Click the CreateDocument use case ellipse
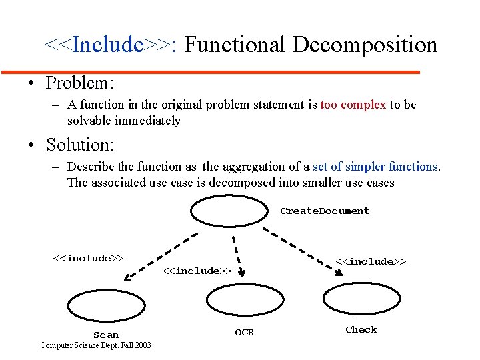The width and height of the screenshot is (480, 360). tap(228, 211)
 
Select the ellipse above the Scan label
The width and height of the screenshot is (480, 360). tap(106, 305)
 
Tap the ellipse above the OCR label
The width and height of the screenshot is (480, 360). tap(245, 299)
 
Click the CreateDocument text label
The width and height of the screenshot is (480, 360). tap(324, 211)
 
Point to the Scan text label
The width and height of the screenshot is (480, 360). tap(106, 335)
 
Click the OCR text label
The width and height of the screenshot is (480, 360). tap(245, 332)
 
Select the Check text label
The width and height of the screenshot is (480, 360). tap(361, 329)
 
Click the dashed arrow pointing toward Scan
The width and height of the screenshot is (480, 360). tap(161, 256)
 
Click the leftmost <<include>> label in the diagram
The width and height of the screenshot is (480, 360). tap(88, 259)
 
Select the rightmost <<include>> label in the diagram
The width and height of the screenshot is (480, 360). tap(371, 261)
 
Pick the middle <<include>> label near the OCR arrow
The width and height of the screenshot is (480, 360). tap(197, 271)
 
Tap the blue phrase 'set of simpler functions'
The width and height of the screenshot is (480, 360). tap(375, 167)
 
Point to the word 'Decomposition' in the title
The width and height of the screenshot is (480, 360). tap(365, 45)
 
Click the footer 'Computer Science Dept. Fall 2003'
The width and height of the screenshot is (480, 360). tap(95, 345)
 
